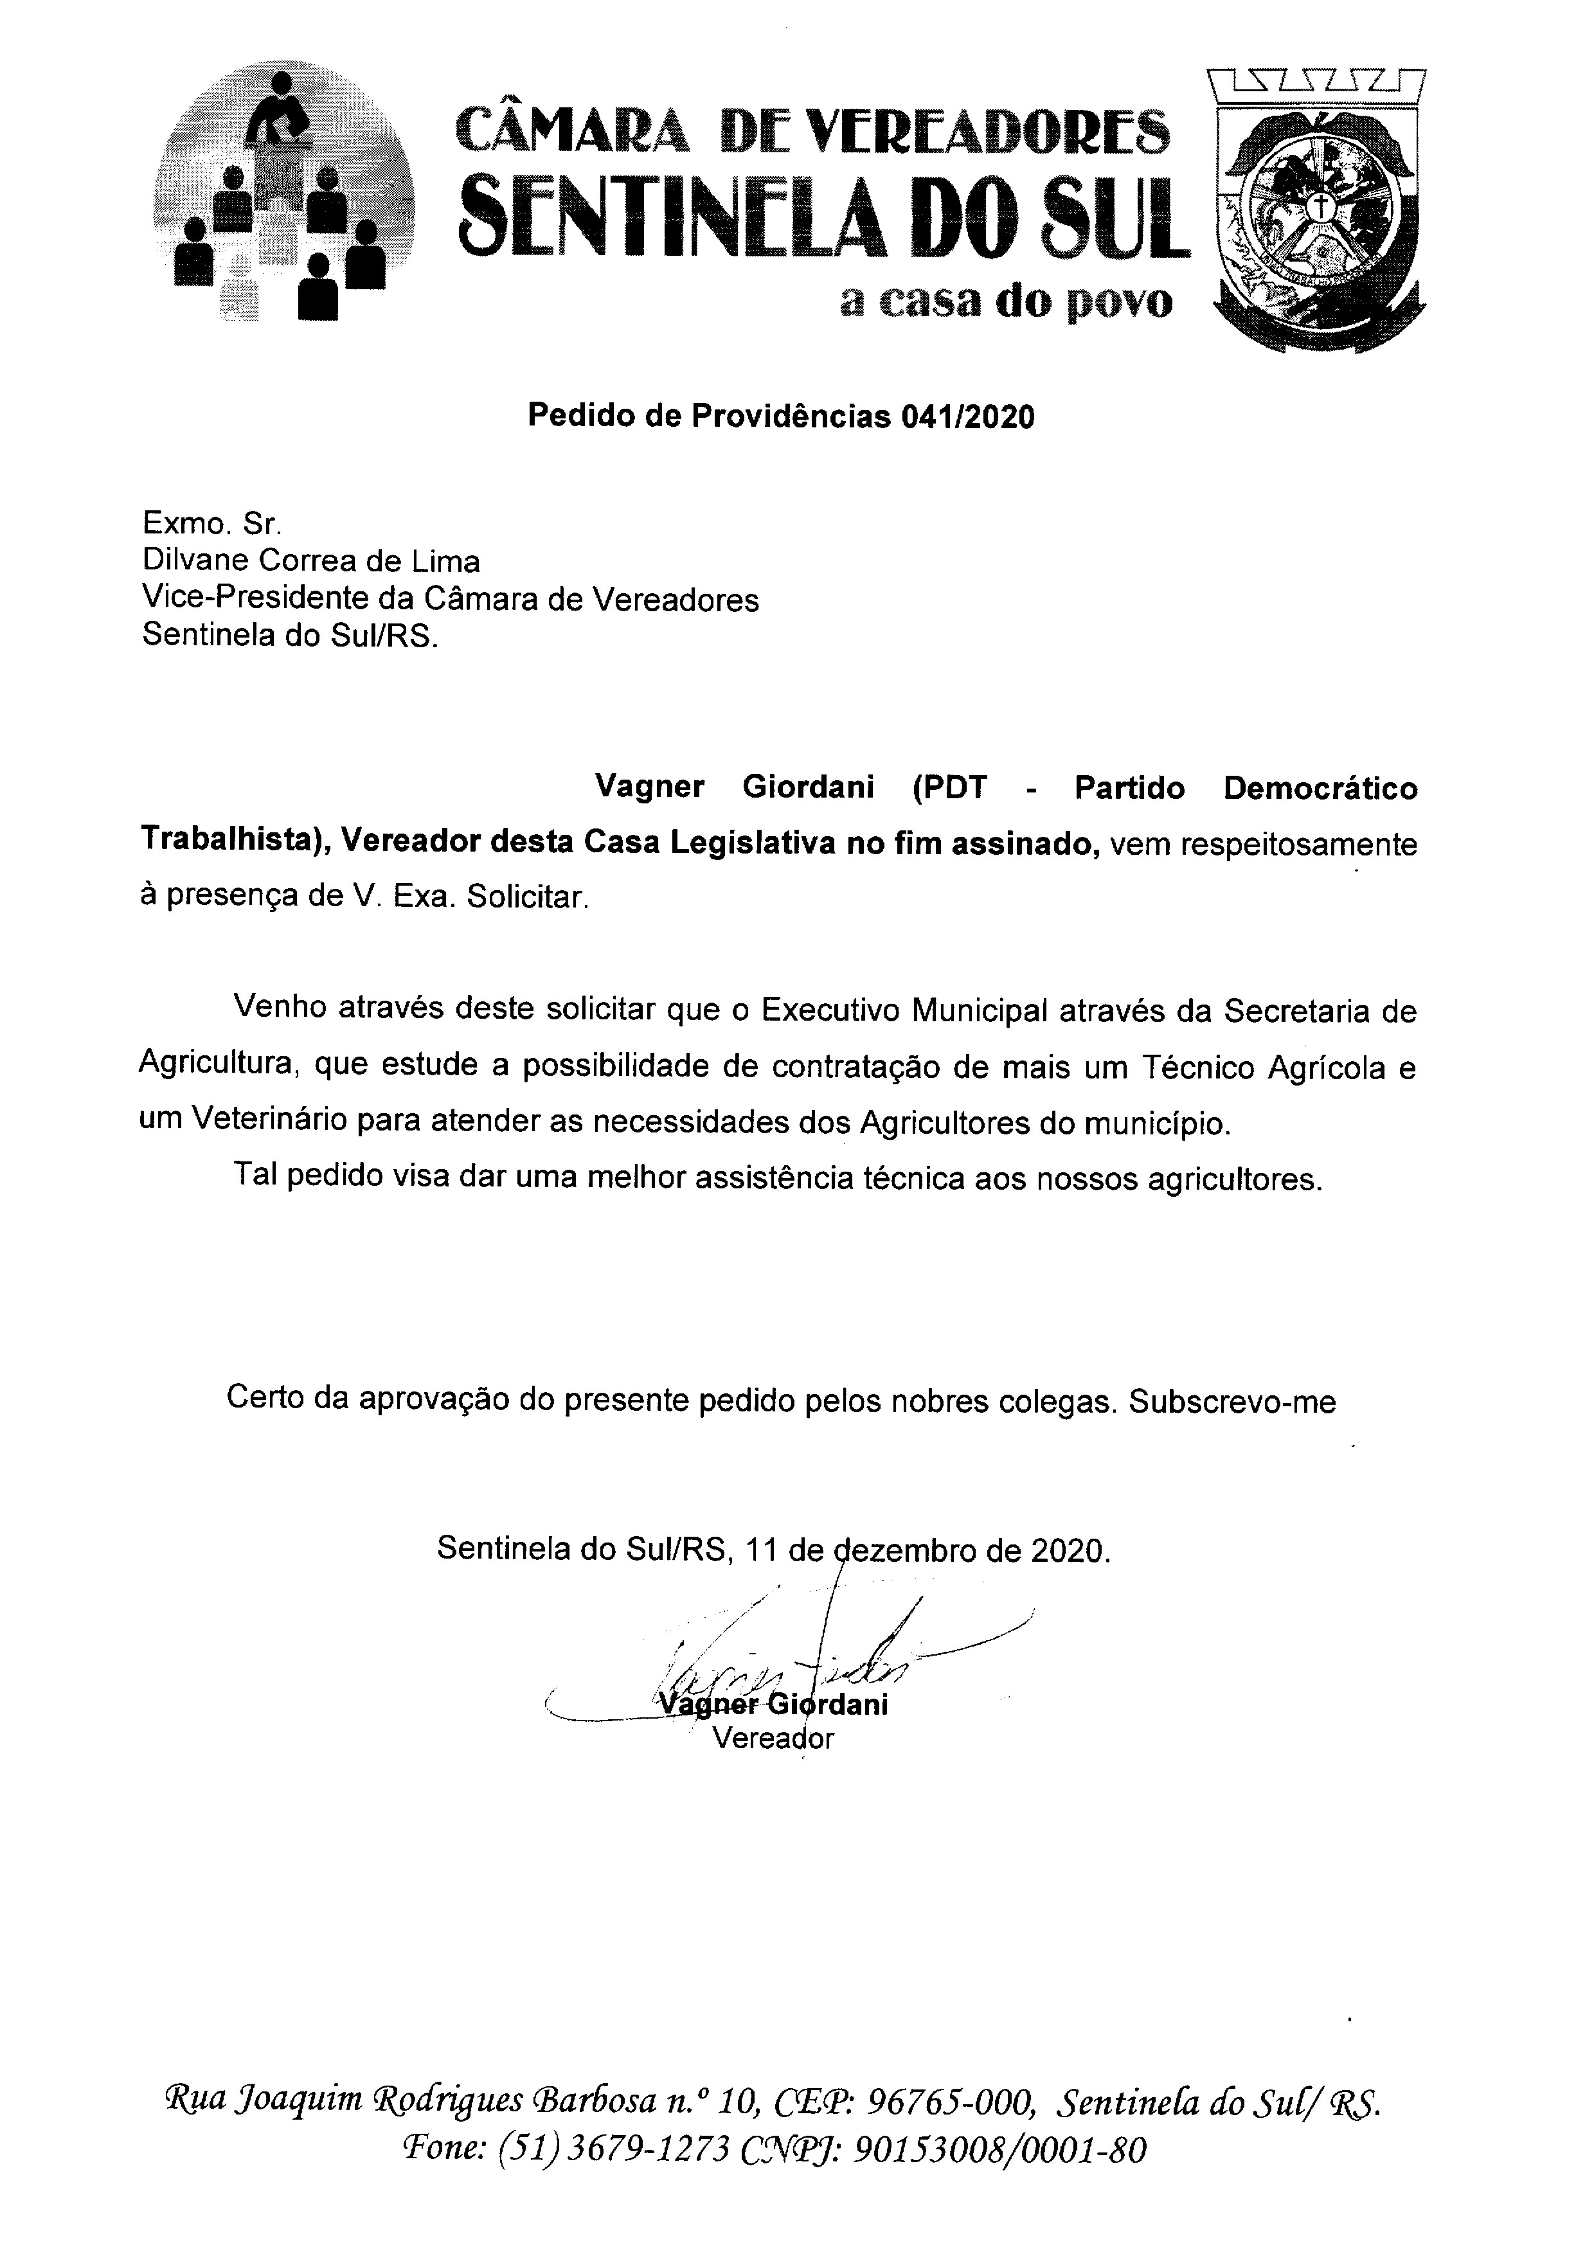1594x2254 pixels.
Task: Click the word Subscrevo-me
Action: click(1232, 1402)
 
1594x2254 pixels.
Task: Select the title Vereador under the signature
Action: click(773, 1739)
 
